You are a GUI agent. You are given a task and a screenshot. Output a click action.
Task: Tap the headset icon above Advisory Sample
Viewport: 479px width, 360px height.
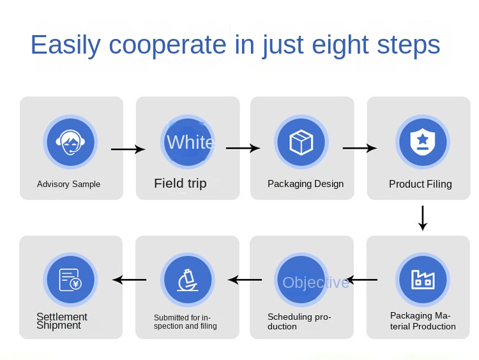coord(69,142)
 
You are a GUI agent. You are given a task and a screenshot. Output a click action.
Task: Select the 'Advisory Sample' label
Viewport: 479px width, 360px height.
coord(68,184)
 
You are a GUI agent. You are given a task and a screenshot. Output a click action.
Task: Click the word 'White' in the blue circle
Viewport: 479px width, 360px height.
coord(190,142)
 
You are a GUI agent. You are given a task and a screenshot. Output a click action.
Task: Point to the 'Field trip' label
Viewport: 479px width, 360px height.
coord(180,184)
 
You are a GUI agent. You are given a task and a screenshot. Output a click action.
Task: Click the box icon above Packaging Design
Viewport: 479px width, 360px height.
coord(301,142)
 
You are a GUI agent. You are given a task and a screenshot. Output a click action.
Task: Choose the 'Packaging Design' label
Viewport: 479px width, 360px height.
coord(305,184)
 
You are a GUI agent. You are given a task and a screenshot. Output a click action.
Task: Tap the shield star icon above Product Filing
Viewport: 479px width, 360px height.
coord(422,142)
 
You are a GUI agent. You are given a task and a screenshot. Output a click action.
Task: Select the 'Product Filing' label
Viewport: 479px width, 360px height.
coord(420,184)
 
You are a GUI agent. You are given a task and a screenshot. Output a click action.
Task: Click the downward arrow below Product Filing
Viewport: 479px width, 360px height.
coord(422,218)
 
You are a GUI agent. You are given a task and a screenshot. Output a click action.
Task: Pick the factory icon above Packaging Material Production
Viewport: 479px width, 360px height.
coord(422,279)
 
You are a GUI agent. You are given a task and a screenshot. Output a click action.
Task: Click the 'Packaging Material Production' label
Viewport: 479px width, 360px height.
coord(423,321)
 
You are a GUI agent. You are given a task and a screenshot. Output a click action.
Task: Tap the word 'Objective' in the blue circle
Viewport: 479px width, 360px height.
coord(316,282)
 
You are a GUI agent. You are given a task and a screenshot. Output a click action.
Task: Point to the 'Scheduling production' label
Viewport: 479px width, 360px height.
coord(299,322)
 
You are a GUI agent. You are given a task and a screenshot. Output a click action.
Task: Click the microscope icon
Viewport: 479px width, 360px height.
coord(186,280)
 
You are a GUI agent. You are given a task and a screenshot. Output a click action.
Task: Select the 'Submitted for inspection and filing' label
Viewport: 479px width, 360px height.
coord(185,322)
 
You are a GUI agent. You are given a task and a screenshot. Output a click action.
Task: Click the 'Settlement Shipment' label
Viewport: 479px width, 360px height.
coord(61,321)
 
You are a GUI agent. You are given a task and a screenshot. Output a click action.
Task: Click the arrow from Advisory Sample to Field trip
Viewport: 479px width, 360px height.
coord(128,149)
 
